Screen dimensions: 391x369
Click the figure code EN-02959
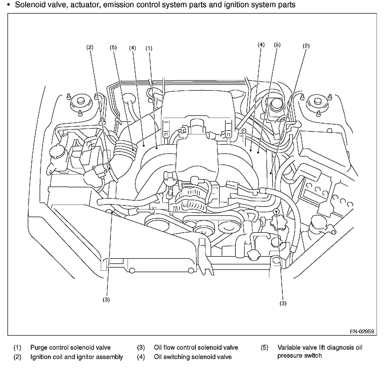pos(362,331)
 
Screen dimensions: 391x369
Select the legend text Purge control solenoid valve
pos(70,348)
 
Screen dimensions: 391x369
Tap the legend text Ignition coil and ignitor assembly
pos(77,357)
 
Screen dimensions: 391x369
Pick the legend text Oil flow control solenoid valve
pos(196,348)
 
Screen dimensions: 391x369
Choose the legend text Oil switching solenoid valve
pos(193,357)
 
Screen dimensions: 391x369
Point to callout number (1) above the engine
pos(149,48)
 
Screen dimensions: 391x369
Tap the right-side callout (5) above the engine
pos(277,45)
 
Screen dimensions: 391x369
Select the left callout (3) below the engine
pos(106,300)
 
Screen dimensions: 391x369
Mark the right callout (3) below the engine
pos(283,303)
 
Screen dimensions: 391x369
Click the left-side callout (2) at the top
pos(90,47)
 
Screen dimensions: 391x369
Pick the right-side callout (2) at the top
pos(306,46)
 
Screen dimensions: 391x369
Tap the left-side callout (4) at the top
pos(132,48)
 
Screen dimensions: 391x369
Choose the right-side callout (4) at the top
pos(261,45)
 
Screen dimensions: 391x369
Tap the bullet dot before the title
pos(9,5)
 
